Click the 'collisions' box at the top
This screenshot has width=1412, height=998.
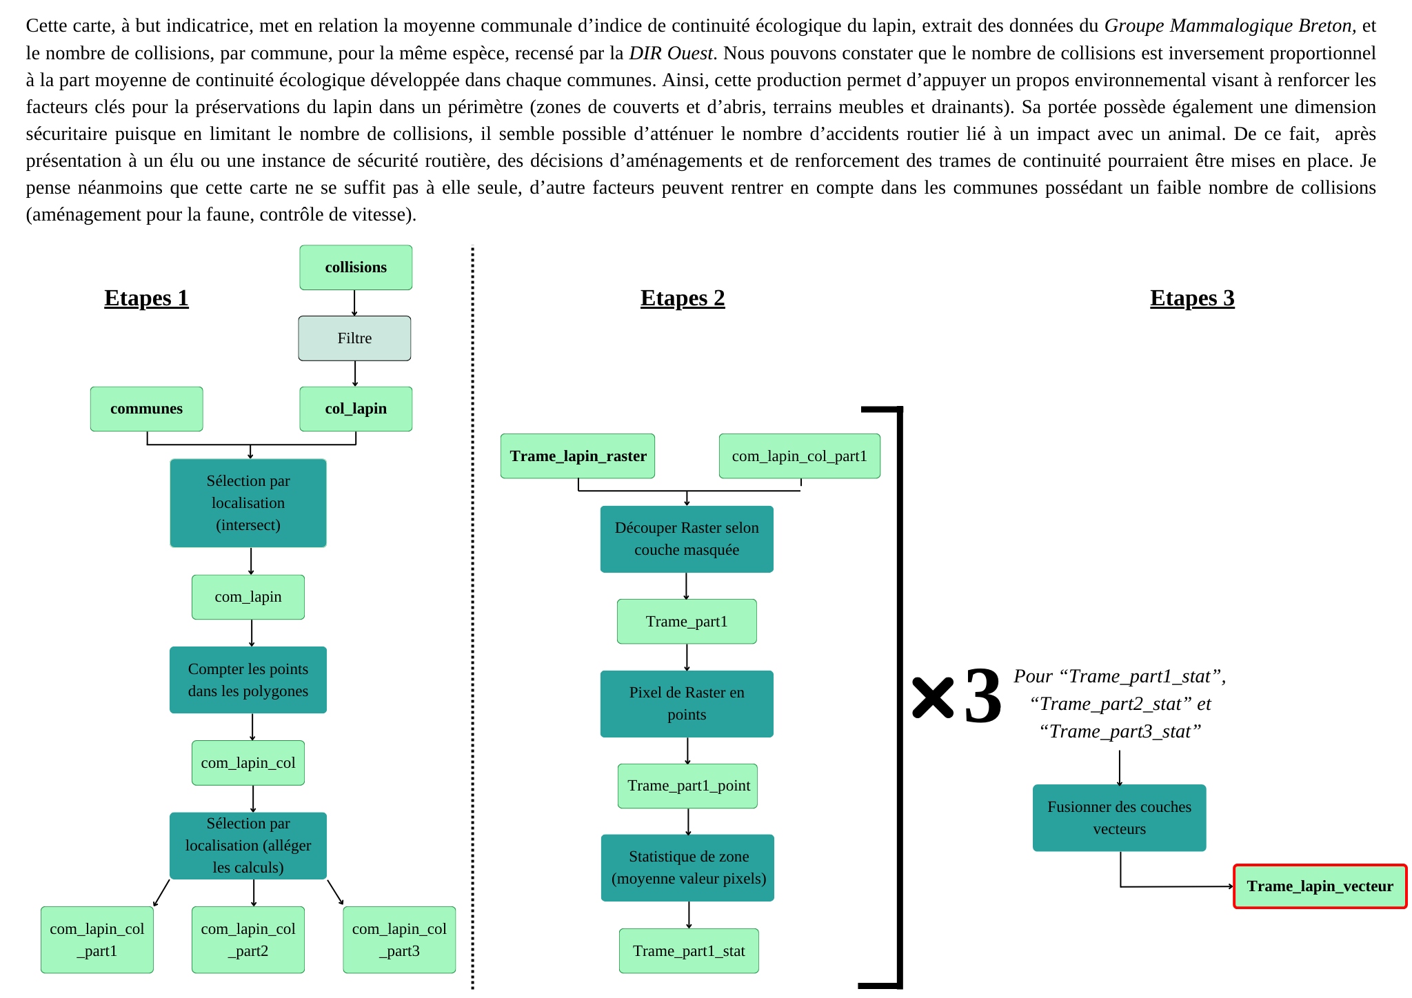356,267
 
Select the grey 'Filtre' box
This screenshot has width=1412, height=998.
354,338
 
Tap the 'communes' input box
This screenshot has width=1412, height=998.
146,409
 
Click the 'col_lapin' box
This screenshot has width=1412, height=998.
356,409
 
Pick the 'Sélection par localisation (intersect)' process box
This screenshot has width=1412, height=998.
248,503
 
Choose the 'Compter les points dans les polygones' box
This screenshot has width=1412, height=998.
248,680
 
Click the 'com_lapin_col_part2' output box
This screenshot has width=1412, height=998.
248,939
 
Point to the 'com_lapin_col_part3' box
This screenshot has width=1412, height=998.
399,939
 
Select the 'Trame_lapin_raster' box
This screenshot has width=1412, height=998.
578,456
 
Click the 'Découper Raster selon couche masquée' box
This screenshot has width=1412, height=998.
687,539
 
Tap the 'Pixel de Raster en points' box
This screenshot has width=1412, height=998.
687,704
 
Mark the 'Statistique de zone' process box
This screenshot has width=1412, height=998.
688,868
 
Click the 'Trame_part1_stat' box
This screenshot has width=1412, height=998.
689,951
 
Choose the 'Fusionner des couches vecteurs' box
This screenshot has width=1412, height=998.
1119,818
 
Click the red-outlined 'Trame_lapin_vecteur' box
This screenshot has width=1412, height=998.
1320,886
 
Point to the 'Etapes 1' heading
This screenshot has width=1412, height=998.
146,298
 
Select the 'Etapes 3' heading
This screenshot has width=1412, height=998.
1192,298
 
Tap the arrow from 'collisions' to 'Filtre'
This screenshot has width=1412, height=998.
354,303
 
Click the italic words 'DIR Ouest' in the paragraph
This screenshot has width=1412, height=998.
670,53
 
